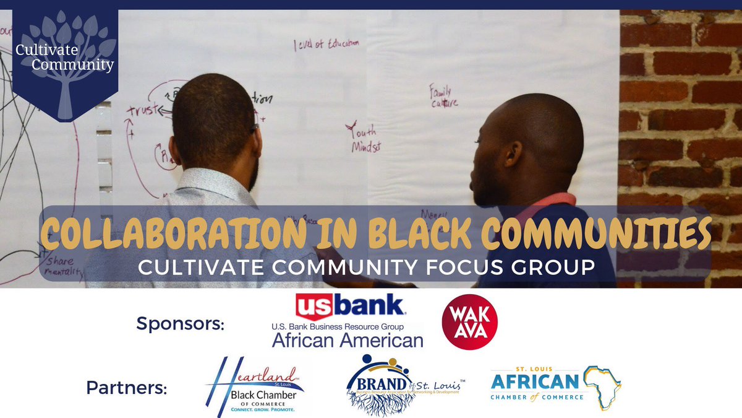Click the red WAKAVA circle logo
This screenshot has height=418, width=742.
pos(470,322)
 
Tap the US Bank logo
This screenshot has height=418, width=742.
pos(350,308)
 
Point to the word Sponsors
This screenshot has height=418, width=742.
pos(180,323)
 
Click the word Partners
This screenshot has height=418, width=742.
pos(127,388)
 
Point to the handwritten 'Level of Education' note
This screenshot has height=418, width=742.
pos(326,45)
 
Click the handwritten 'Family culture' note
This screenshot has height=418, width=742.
pos(444,96)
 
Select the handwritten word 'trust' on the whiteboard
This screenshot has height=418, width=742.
pos(140,110)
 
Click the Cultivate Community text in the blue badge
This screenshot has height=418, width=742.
pos(65,58)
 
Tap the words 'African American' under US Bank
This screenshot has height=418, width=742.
pos(348,340)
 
